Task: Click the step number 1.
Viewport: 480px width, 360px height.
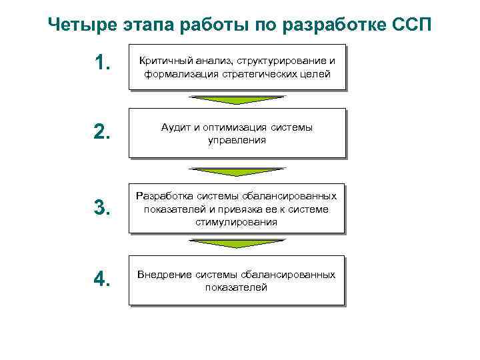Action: click(x=101, y=63)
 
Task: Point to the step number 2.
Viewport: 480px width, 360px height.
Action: click(x=101, y=132)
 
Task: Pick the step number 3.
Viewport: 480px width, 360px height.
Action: click(x=101, y=208)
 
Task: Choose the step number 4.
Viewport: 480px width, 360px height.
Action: click(x=101, y=279)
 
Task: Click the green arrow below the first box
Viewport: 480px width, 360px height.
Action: click(x=237, y=101)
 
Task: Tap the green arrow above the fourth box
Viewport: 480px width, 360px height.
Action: click(x=237, y=244)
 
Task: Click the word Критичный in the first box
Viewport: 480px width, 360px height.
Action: click(x=163, y=61)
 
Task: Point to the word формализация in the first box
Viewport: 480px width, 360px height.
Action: click(x=178, y=73)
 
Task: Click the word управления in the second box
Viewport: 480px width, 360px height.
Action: click(x=237, y=140)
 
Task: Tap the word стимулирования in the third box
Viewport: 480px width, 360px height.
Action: click(x=237, y=221)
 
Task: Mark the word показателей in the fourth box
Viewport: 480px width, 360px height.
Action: click(x=237, y=287)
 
